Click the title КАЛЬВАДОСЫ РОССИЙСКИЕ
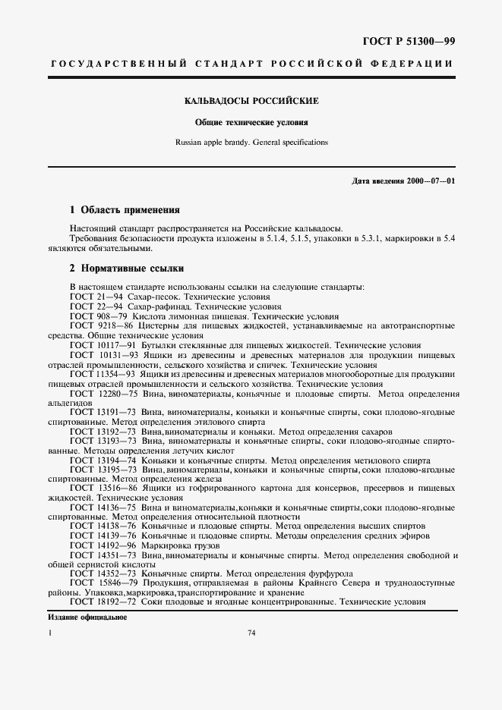[251, 101]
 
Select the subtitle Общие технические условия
[251, 121]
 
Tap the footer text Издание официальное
[87, 617]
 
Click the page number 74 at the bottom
[251, 633]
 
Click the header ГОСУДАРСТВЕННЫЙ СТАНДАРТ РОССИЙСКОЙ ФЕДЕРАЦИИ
[251, 64]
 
